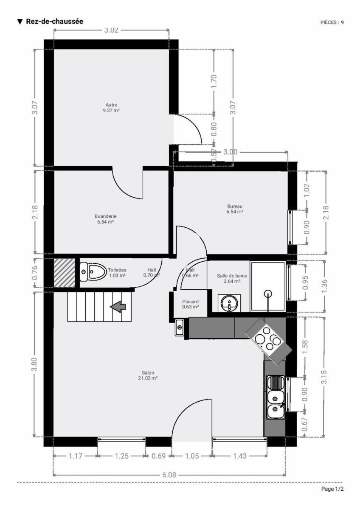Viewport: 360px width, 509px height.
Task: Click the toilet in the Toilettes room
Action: coord(93,271)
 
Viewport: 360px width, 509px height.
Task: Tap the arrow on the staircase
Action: coord(118,307)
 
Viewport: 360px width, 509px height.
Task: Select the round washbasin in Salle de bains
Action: coord(229,303)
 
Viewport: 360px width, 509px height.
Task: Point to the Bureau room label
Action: coord(235,209)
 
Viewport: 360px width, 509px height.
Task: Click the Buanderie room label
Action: coord(105,219)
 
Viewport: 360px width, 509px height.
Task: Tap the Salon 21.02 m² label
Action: coord(148,375)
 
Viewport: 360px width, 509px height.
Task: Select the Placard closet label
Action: coord(190,304)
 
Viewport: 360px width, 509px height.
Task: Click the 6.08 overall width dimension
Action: coord(169,475)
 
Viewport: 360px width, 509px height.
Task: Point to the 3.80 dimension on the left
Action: coord(34,364)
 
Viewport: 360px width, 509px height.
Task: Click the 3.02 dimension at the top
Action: coord(111,30)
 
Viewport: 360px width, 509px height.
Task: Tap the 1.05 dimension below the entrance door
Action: coord(192,456)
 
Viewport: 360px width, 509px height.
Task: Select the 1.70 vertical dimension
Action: coord(214,81)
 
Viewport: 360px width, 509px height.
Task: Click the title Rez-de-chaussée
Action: coord(55,21)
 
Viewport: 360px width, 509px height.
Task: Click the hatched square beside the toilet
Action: coord(65,273)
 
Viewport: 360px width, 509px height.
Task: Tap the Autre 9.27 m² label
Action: coord(111,108)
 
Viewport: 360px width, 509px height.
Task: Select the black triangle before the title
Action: coord(20,22)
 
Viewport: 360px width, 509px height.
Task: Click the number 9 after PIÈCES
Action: coord(342,22)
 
